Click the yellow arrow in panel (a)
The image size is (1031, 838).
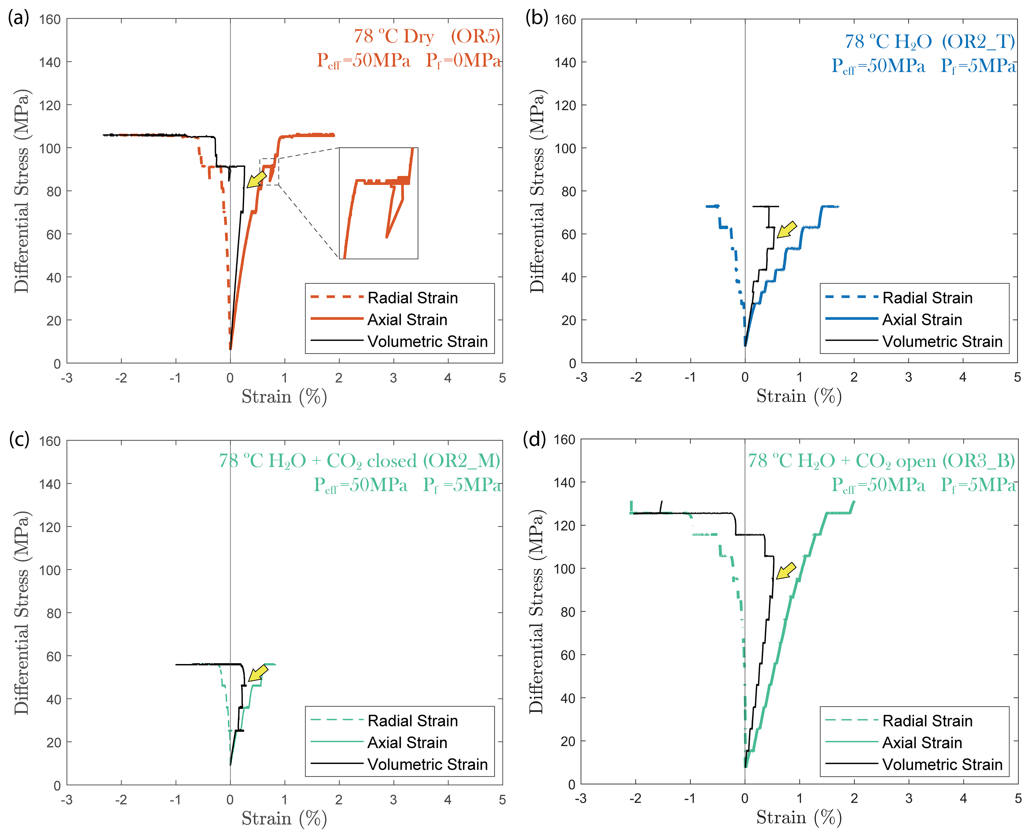257,179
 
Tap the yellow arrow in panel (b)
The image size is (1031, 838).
786,230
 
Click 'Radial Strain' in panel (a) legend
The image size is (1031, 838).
412,298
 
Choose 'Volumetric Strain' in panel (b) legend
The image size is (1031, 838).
942,341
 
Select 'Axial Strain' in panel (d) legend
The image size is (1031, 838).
922,742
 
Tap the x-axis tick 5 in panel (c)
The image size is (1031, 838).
502,800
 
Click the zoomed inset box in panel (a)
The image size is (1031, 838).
379,203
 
